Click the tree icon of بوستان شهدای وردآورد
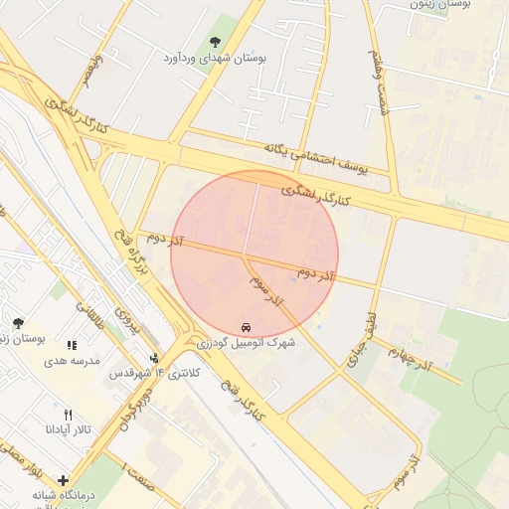(215, 42)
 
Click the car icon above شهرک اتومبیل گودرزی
(246, 326)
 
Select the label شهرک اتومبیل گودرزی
(246, 342)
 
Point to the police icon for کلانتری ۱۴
(154, 358)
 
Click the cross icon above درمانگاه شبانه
(64, 480)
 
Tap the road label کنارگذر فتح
(238, 398)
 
